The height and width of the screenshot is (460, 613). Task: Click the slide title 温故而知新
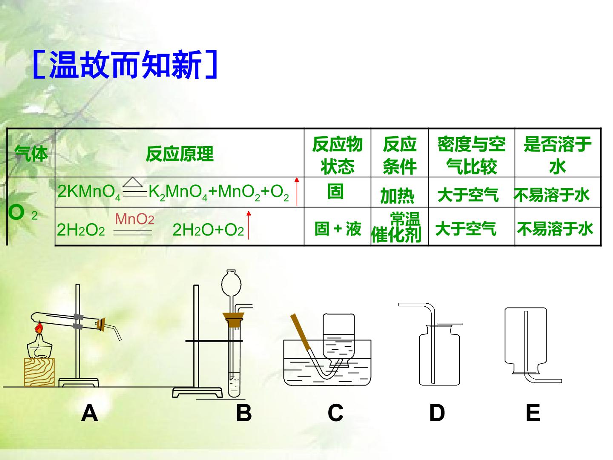point(125,65)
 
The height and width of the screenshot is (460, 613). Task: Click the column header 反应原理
point(180,154)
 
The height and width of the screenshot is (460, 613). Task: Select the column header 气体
point(31,154)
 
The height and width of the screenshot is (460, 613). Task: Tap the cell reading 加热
point(397,196)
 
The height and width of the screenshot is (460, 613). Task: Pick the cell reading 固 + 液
point(338,229)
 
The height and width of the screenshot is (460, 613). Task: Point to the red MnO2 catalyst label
point(135,219)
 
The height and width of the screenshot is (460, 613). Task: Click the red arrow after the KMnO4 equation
point(297,192)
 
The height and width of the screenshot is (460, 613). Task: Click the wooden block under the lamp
point(40,372)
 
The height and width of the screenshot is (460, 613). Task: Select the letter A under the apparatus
point(89,413)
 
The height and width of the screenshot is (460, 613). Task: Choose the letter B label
point(244,413)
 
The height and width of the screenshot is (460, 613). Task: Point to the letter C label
point(335,413)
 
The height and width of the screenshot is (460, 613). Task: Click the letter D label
point(437,413)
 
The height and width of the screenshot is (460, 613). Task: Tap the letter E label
point(533,413)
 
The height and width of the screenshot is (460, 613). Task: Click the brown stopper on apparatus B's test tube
point(233,319)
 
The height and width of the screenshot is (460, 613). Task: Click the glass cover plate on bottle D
point(450,324)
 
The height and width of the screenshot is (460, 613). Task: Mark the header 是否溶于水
point(557,155)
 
